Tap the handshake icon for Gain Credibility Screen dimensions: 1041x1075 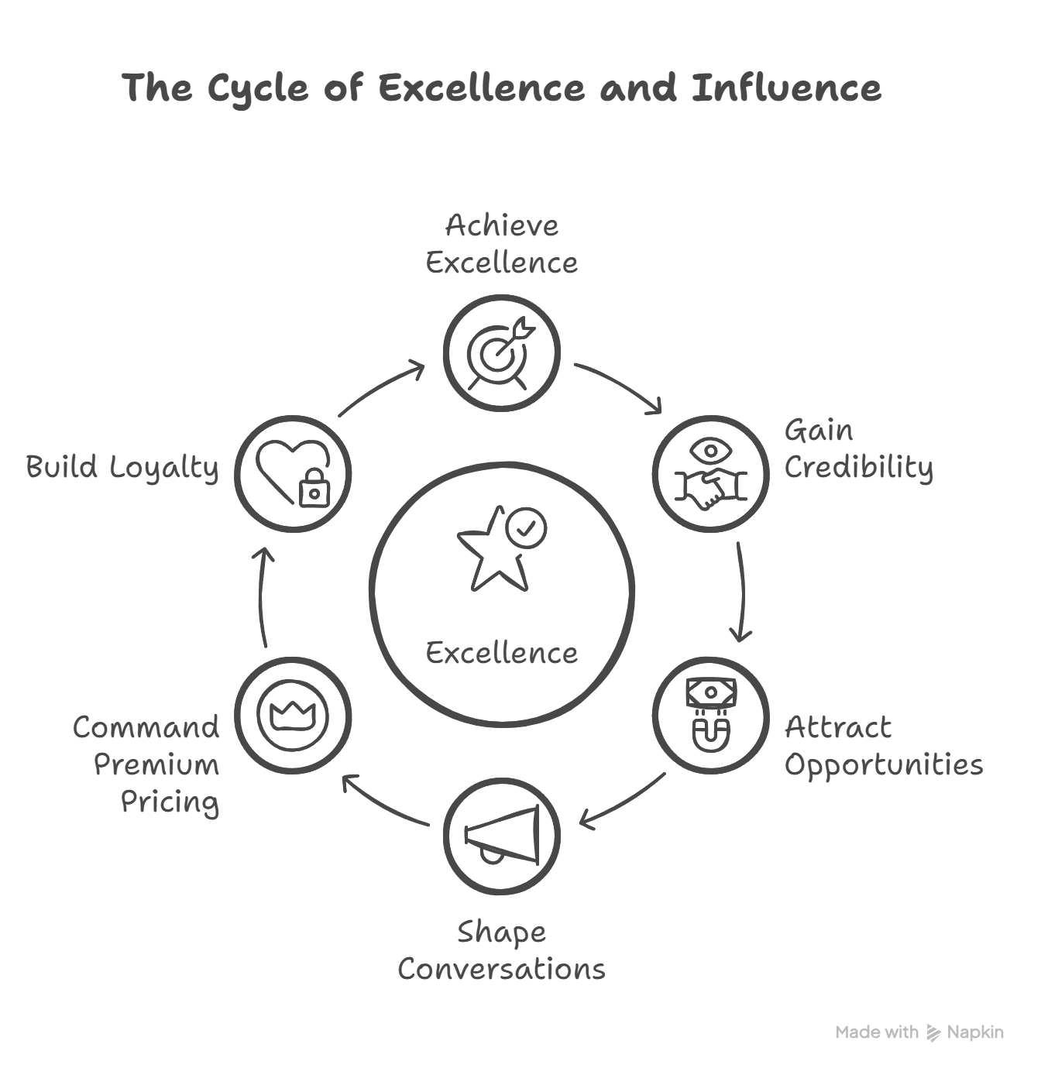click(x=710, y=486)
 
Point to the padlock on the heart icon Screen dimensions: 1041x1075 click(x=314, y=488)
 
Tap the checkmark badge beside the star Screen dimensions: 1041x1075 click(x=526, y=528)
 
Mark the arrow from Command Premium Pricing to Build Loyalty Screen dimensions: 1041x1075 click(x=261, y=596)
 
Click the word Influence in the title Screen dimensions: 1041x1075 click(x=786, y=88)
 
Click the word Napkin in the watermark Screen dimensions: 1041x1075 click(x=975, y=1032)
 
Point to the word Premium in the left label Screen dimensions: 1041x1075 click(x=156, y=764)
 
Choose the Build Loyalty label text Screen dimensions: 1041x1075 click(x=122, y=467)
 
